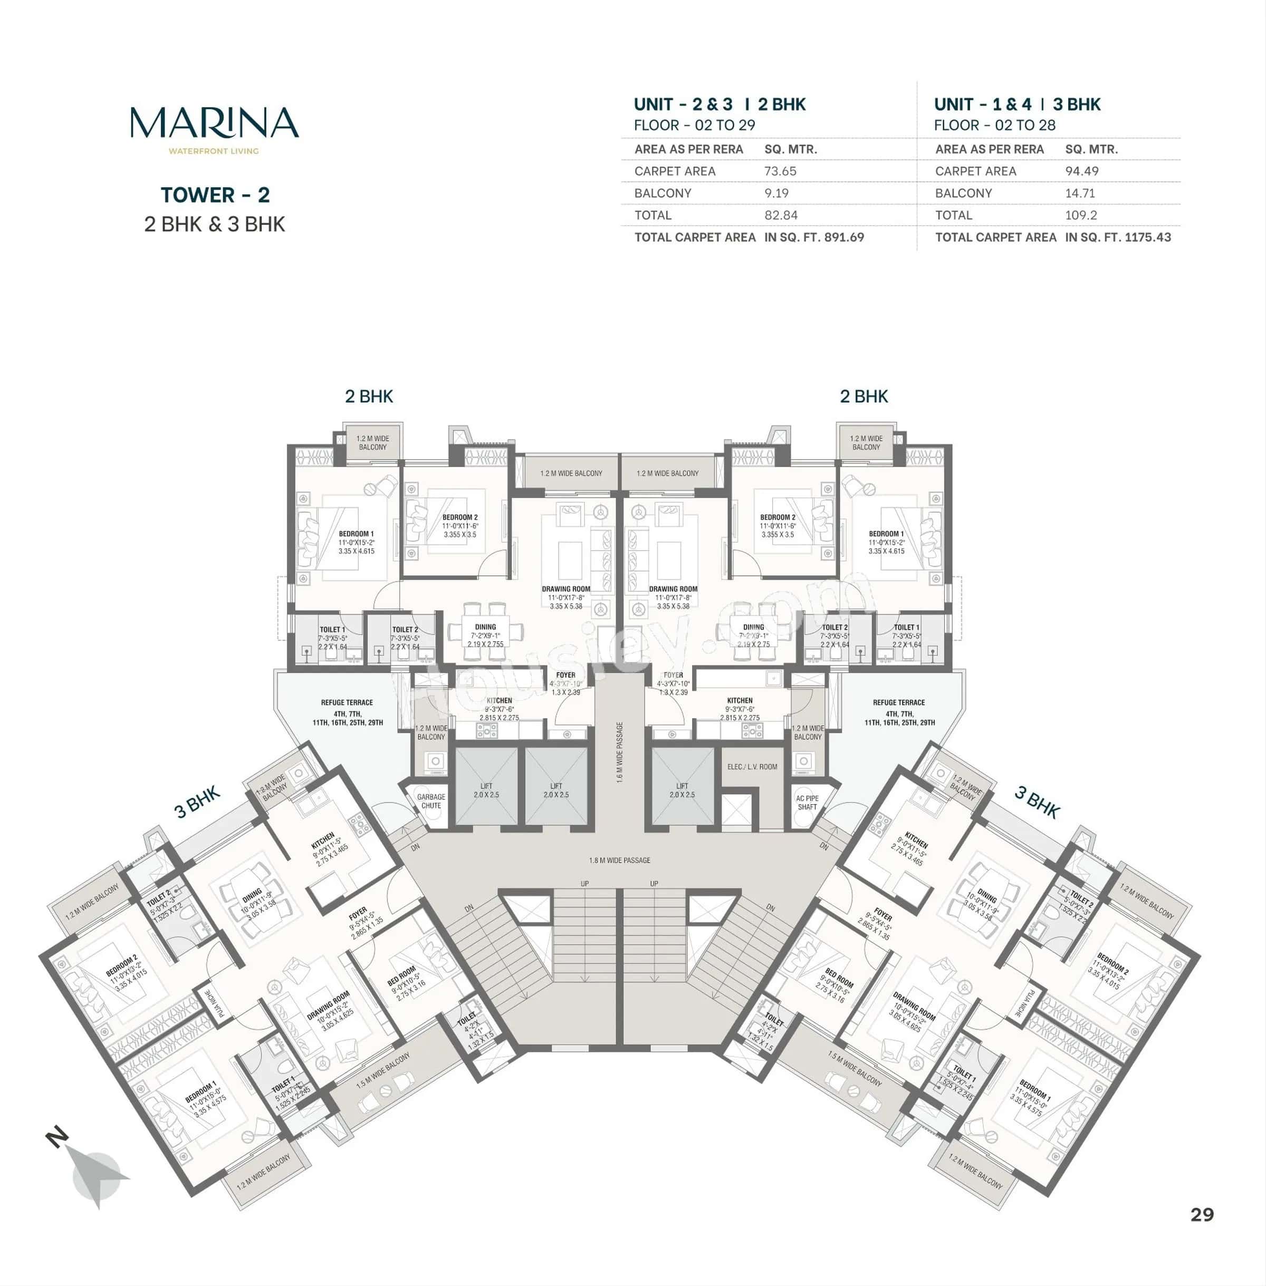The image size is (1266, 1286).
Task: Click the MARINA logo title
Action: point(214,123)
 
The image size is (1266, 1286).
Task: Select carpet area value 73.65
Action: point(780,171)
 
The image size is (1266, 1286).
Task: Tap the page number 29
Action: point(1202,1214)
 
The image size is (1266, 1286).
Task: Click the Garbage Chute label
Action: point(431,801)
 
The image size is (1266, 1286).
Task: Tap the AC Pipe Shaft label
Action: point(807,803)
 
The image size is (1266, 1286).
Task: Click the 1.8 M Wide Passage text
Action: point(619,860)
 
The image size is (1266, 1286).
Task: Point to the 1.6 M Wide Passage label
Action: point(620,752)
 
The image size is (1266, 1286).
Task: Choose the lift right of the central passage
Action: point(682,790)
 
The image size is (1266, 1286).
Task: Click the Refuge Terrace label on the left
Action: point(347,702)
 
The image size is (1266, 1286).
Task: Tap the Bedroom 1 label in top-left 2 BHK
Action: point(356,534)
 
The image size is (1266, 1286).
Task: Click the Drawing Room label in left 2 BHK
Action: point(566,589)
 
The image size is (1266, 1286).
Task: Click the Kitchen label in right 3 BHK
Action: point(916,842)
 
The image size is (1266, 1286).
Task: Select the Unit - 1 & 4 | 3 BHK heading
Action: point(1016,104)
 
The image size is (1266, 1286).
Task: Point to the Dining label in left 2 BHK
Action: point(485,627)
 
